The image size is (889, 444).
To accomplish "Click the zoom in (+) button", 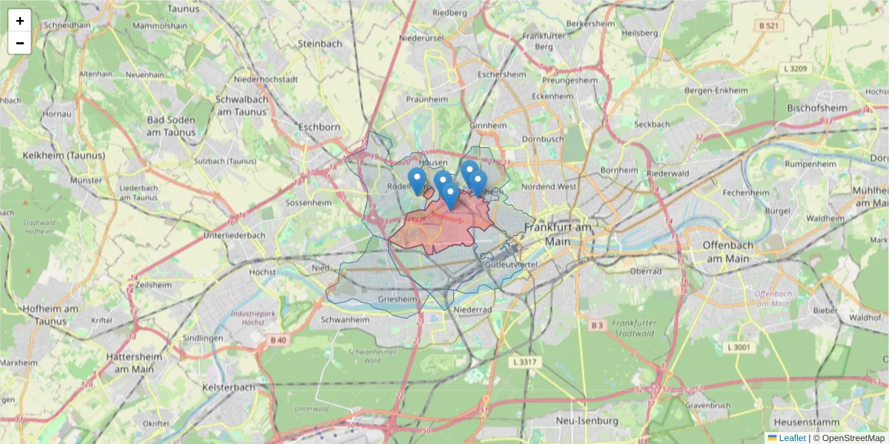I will point(20,21).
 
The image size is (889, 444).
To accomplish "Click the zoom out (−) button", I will point(20,43).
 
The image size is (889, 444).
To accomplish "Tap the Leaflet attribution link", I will point(791,438).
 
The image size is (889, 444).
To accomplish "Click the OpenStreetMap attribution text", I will point(853,438).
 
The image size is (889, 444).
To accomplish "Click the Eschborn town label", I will point(319,127).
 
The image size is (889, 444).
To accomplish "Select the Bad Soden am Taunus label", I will point(171,126).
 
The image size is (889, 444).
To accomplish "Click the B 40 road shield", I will point(278,340).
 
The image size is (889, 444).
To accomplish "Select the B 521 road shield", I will point(769,26).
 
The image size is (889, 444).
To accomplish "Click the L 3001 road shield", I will point(739,347).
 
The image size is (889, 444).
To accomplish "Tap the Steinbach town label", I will point(319,44).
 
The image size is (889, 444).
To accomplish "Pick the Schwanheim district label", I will point(345,320).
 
